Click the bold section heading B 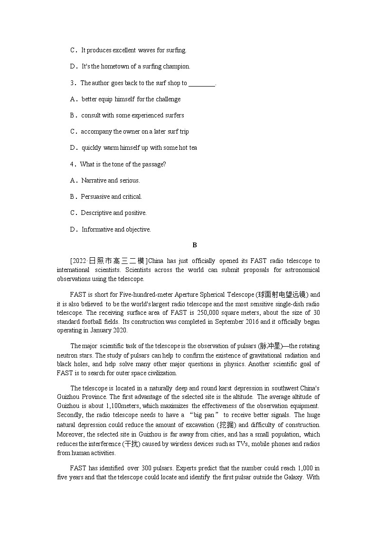pos(194,245)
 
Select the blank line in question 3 pos(202,84)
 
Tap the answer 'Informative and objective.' pos(116,230)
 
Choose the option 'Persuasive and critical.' pos(111,197)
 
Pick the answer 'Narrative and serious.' pos(111,181)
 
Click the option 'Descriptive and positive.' pos(113,213)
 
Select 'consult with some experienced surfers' pos(132,116)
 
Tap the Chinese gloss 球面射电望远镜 pos(283,295)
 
